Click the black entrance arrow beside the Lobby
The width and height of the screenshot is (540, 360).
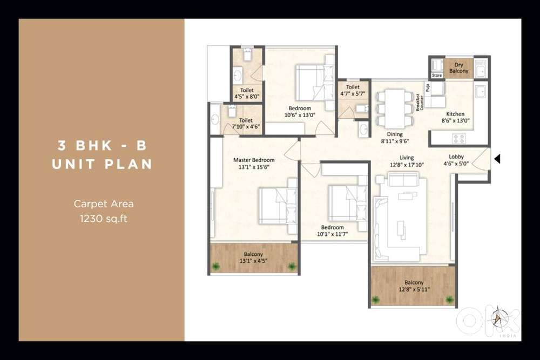tap(497, 159)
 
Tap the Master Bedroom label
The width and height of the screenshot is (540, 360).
tap(254, 160)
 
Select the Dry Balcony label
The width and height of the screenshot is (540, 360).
tap(458, 68)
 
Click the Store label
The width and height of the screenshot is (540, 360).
tap(437, 76)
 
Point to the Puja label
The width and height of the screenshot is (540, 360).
tap(427, 87)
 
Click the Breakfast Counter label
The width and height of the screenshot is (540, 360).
tap(420, 102)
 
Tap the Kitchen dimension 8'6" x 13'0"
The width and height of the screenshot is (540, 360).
tap(455, 121)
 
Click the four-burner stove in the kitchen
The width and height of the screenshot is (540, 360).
tap(459, 138)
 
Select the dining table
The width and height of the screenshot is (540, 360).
tap(395, 108)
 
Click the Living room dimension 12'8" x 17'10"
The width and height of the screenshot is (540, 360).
tap(407, 165)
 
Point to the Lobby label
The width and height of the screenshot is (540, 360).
tap(456, 157)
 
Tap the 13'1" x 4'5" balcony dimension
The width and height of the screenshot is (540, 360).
tap(253, 261)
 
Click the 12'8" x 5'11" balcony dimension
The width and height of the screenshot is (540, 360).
tap(414, 289)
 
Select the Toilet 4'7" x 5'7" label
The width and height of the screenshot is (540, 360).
tap(353, 91)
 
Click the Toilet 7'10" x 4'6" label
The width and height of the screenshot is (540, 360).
tap(246, 124)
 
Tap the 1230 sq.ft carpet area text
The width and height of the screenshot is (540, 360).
tap(104, 219)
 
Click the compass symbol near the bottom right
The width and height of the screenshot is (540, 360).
tap(496, 318)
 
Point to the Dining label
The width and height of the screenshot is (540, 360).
tap(395, 134)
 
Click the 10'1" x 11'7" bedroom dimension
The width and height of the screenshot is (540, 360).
tap(332, 234)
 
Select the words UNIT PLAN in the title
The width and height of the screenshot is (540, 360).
tap(102, 164)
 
